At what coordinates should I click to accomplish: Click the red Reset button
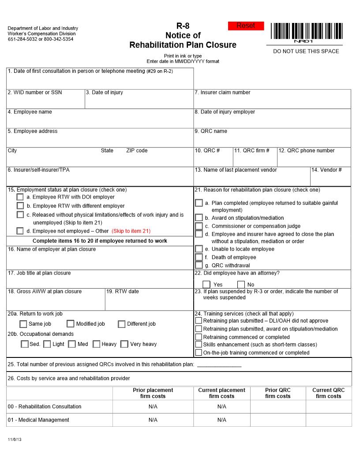coord(246,26)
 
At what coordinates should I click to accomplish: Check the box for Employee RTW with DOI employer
coord(20,197)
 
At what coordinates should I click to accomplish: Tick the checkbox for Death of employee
coord(199,257)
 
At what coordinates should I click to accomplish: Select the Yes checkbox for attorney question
coord(206,285)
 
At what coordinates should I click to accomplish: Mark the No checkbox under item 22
coord(241,285)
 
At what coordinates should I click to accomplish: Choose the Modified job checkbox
coord(71,324)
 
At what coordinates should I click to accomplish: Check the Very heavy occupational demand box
coord(124,344)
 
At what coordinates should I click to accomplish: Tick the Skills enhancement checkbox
coord(199,345)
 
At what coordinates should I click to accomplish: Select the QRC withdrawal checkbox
coord(199,265)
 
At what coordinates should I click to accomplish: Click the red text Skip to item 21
coord(131,231)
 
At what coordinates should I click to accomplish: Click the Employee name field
coord(100,121)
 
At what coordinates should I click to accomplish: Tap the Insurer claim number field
coord(272,101)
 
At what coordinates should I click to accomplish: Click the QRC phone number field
coord(314,160)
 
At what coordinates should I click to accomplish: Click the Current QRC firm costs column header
coord(329,393)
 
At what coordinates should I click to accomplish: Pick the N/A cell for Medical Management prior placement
coord(153,420)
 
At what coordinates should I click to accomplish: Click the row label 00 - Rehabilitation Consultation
coord(45,406)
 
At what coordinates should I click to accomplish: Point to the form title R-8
coord(183,26)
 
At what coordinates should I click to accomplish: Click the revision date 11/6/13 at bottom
coord(14,440)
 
